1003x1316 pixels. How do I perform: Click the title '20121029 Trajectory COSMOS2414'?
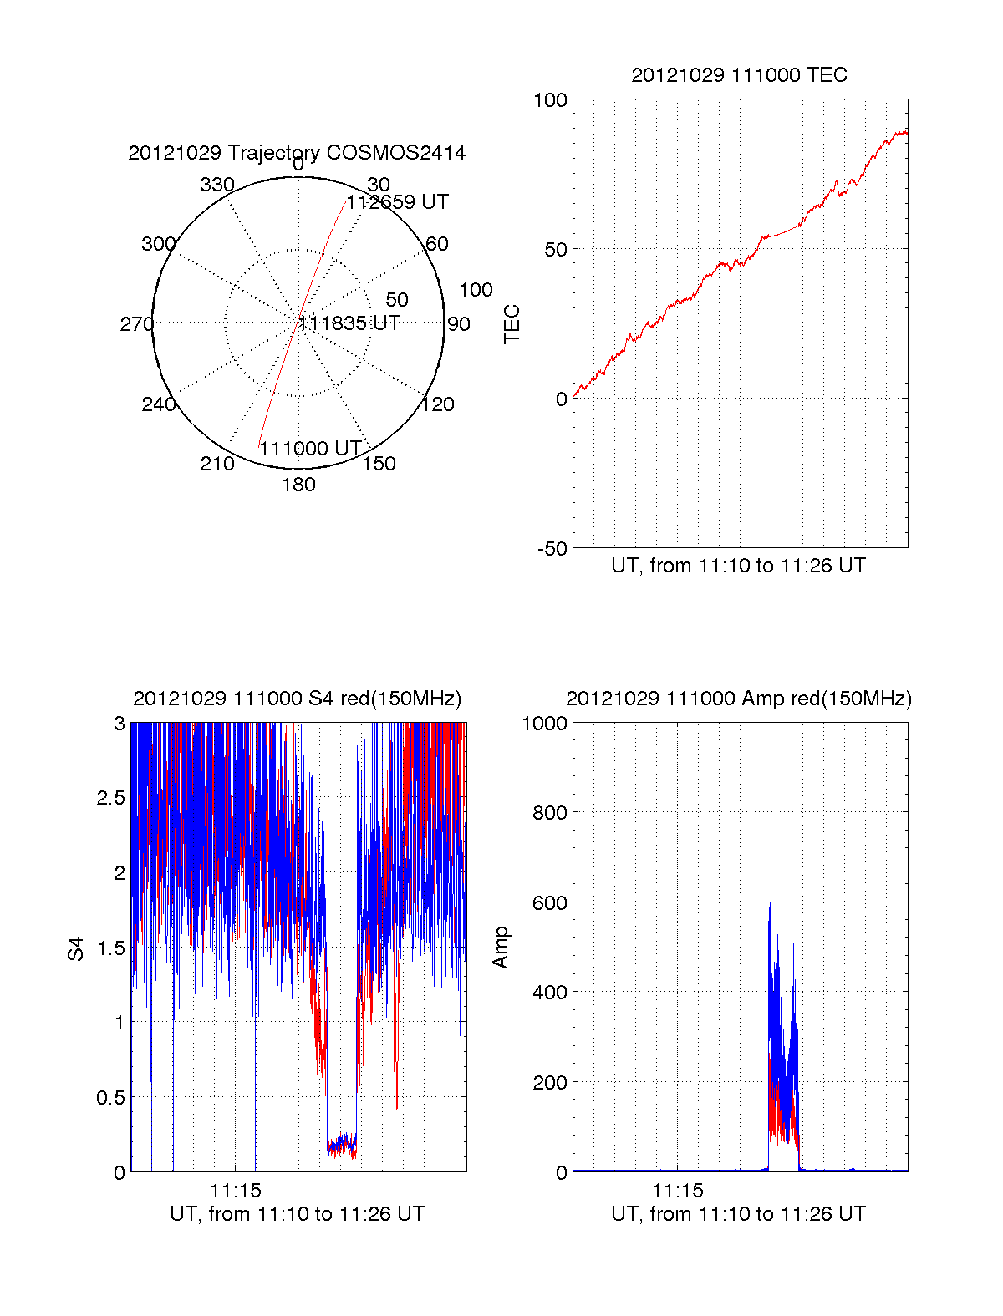click(297, 153)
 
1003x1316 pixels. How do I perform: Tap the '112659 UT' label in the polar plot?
click(398, 202)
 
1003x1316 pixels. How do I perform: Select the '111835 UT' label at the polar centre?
click(349, 323)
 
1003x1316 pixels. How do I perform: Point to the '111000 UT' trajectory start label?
click(310, 449)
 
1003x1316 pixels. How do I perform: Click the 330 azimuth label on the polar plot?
click(216, 185)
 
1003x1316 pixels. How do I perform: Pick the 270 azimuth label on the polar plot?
click(136, 324)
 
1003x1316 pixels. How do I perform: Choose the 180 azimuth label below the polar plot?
click(298, 485)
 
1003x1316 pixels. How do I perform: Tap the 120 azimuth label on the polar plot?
click(438, 405)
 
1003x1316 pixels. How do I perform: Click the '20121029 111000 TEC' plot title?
click(739, 75)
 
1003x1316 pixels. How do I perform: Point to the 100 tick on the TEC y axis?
click(550, 101)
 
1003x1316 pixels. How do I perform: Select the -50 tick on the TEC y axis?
click(552, 549)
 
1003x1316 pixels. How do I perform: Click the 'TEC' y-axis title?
click(512, 324)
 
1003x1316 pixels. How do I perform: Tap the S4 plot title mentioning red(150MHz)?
click(297, 699)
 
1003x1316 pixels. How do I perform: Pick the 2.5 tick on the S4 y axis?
click(110, 798)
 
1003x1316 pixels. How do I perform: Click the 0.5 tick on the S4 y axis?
click(110, 1098)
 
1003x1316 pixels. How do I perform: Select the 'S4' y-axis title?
click(76, 948)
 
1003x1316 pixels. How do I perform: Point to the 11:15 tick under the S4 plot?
click(236, 1191)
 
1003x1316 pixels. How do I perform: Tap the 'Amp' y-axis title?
click(500, 948)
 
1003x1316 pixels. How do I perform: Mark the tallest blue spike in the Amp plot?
click(770, 904)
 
